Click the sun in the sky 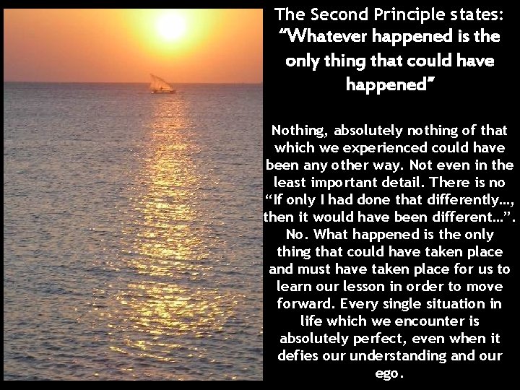[172, 27]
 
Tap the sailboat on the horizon [162, 84]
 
